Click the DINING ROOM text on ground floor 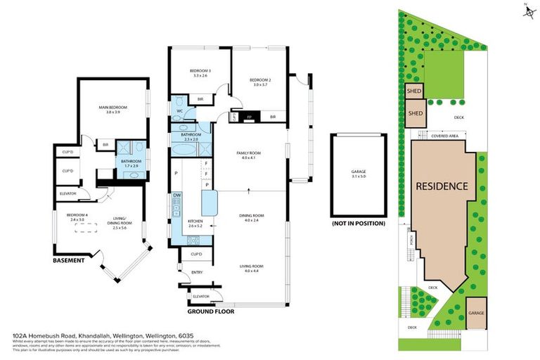point(252,217)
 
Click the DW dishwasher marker point(176,197)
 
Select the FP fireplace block point(248,117)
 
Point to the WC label point(180,111)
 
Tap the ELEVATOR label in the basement point(67,193)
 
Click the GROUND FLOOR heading point(211,310)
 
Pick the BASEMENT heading point(69,260)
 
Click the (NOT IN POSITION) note point(359,224)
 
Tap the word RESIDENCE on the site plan point(442,186)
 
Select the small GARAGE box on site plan point(477,313)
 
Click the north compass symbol point(526,10)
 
